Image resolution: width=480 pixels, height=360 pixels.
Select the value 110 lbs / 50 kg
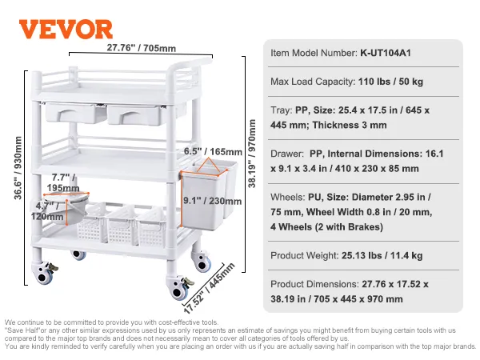tap(391, 82)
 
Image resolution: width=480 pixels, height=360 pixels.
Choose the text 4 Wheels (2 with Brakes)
tap(326, 226)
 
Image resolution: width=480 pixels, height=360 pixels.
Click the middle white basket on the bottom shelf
tap(122, 230)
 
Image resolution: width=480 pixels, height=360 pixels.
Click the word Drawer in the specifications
tap(288, 154)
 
